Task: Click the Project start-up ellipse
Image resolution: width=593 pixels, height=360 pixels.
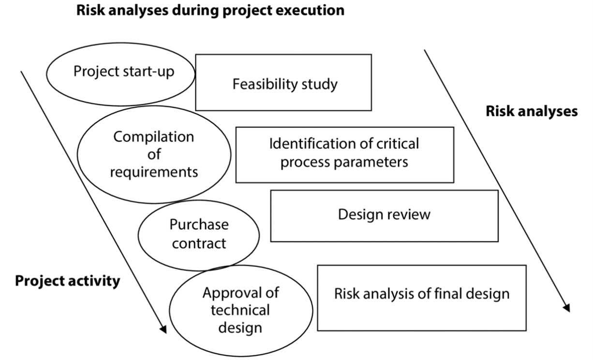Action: pos(120,73)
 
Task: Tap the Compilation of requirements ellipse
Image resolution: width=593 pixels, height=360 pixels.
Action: pos(153,154)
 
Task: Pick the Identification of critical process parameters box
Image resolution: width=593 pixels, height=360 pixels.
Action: pos(344,154)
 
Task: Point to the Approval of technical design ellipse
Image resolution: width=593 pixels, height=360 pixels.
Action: pos(240,310)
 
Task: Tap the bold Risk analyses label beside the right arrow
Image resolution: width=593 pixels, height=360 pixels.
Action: pos(531,111)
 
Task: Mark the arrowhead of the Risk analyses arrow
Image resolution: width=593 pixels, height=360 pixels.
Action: pos(566,308)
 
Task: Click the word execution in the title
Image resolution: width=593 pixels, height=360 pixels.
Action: pos(309,10)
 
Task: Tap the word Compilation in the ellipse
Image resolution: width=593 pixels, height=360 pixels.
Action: pos(153,137)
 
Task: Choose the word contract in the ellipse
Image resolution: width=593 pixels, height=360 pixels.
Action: pos(199,243)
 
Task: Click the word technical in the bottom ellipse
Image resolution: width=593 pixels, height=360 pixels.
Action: pos(240,310)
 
